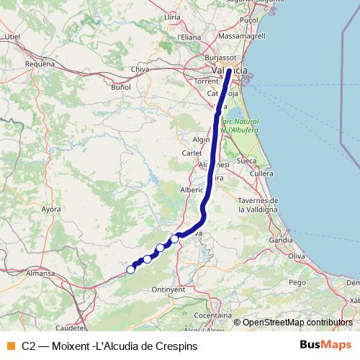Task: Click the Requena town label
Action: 40,63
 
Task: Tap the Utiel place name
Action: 12,35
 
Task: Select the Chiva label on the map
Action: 140,69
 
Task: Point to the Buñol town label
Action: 120,86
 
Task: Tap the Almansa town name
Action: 41,274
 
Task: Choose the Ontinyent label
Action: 169,289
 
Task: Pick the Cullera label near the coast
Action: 261,174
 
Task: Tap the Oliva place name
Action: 297,256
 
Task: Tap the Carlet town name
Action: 192,153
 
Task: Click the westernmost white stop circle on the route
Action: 130,270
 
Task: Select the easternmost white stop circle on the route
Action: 174,238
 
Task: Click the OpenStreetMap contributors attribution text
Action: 297,323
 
